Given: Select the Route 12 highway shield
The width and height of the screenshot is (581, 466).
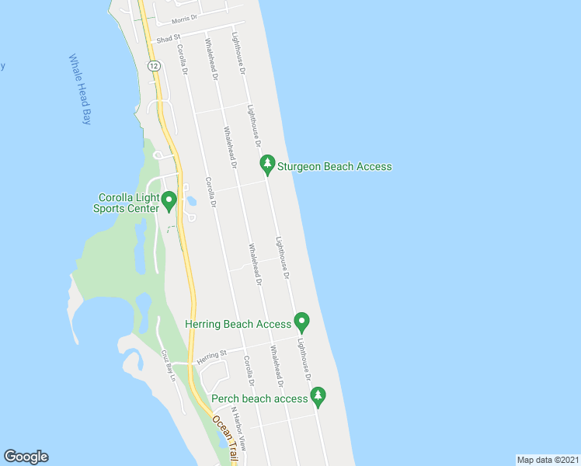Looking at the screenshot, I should coord(155,67).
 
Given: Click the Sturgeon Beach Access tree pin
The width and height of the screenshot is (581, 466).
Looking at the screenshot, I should coord(266,164).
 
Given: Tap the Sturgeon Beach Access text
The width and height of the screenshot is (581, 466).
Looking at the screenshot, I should coord(336,166).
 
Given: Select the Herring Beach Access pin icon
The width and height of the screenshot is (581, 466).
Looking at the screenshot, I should coord(302,322).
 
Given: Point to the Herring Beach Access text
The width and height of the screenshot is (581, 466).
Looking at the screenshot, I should coord(238,324).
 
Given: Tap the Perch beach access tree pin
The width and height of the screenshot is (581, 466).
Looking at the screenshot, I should coord(318,397).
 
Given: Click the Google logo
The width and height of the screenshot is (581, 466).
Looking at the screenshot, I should coord(26,457).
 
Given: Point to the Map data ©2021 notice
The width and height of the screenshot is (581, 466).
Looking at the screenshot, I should coord(548,459).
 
